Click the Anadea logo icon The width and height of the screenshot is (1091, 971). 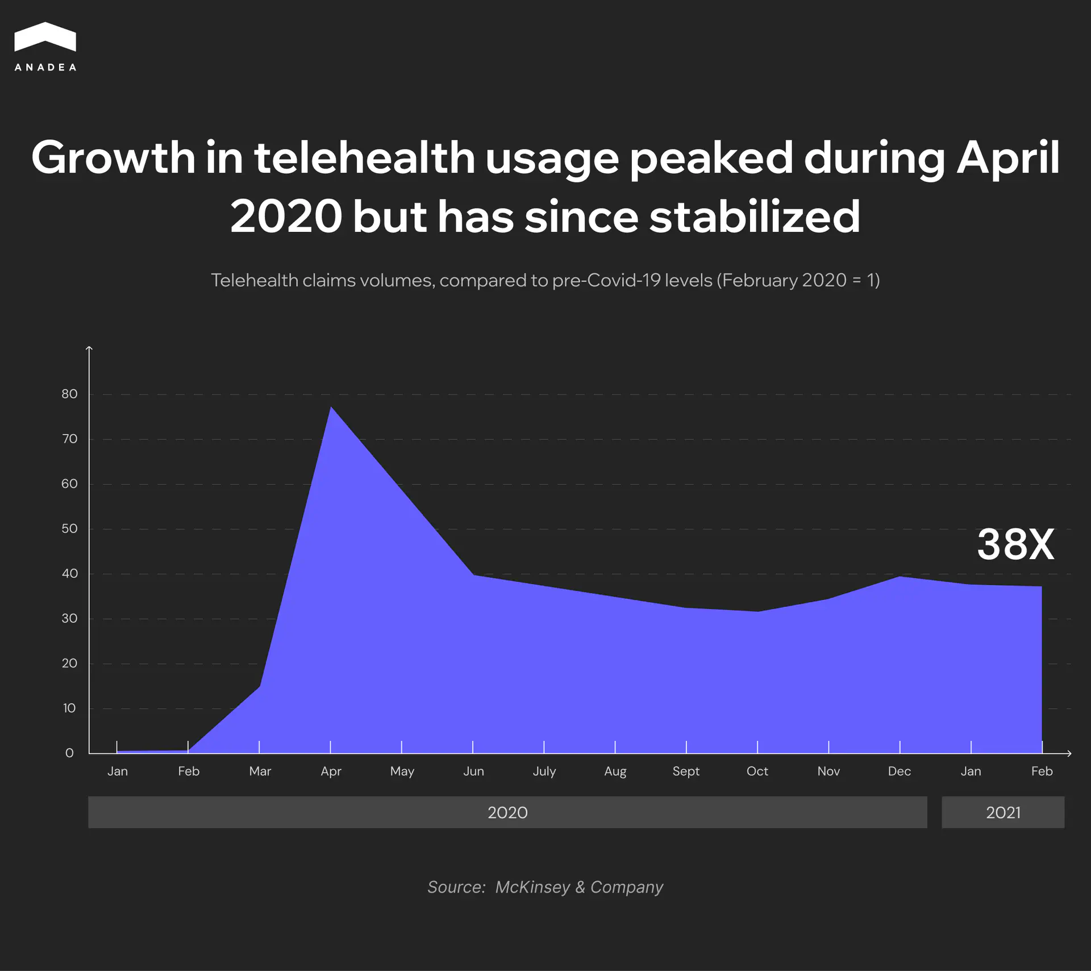click(x=45, y=37)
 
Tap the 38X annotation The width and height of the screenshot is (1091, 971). click(x=1015, y=544)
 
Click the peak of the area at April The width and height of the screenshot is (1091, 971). click(x=331, y=407)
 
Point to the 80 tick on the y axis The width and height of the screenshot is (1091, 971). click(x=69, y=394)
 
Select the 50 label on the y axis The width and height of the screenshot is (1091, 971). click(x=69, y=528)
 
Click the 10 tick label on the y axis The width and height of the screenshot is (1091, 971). click(x=69, y=708)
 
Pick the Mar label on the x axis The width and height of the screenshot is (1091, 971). click(x=260, y=771)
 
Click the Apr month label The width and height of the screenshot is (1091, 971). click(x=331, y=771)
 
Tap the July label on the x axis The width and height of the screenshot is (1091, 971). click(x=544, y=771)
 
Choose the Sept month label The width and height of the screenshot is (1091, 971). click(x=686, y=771)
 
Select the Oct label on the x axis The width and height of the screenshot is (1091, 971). click(x=757, y=771)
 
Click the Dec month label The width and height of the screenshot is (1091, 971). click(x=899, y=771)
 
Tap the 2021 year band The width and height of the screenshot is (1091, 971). click(x=1003, y=812)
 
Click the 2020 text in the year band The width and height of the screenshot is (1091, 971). click(x=507, y=812)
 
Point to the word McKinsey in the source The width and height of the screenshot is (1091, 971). click(x=532, y=887)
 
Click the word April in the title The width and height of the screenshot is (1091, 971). click(x=1008, y=158)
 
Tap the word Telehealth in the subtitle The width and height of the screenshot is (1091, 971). click(x=255, y=280)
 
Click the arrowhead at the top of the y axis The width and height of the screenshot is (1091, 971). click(x=89, y=348)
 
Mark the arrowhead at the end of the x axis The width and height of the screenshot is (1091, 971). click(x=1069, y=753)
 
